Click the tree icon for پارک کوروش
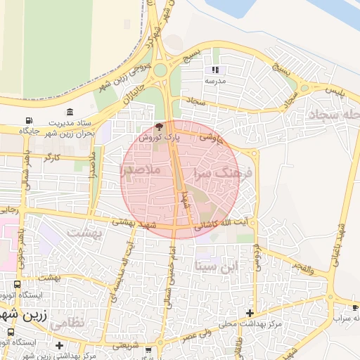pos(159,127)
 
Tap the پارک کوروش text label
pos(159,139)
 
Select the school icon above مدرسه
pos(215,70)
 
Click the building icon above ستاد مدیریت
pos(70,112)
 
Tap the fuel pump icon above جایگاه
pos(29,121)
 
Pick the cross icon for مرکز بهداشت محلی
pos(250,313)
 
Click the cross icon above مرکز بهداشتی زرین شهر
pos(60,346)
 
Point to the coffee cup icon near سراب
pos(356,308)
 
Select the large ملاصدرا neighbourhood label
pos(141,170)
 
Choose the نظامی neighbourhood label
pos(67,321)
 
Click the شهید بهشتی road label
pos(130,221)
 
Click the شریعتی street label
pos(131,346)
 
